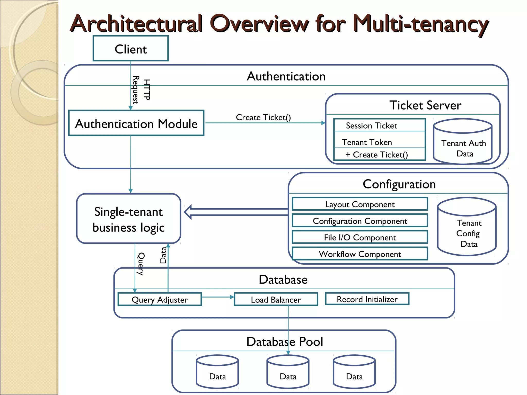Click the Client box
coord(130,49)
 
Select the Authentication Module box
coord(136,123)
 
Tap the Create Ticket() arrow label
coord(263,118)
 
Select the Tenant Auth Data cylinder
coord(463,145)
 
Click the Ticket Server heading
coord(425,105)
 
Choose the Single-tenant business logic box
coord(129,219)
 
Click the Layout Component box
coord(360,204)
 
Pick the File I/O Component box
coord(360,237)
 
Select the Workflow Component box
coord(360,254)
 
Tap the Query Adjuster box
coord(160,299)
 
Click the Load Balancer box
coord(276,299)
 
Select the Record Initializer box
coord(367,299)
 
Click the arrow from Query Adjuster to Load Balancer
coord(218,297)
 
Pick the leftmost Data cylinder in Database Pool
coord(217,373)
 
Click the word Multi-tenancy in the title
coord(420,24)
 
